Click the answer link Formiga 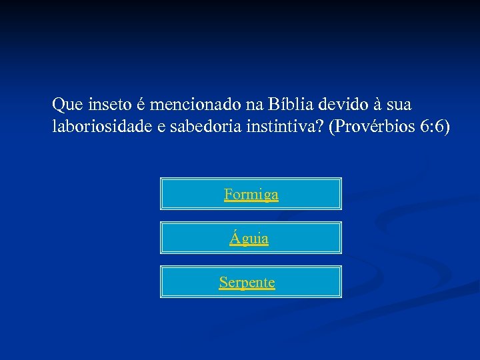tap(251, 195)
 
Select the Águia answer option tap(249, 238)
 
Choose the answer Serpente tap(247, 282)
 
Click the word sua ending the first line tap(398, 105)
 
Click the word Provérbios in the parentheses tap(372, 127)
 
